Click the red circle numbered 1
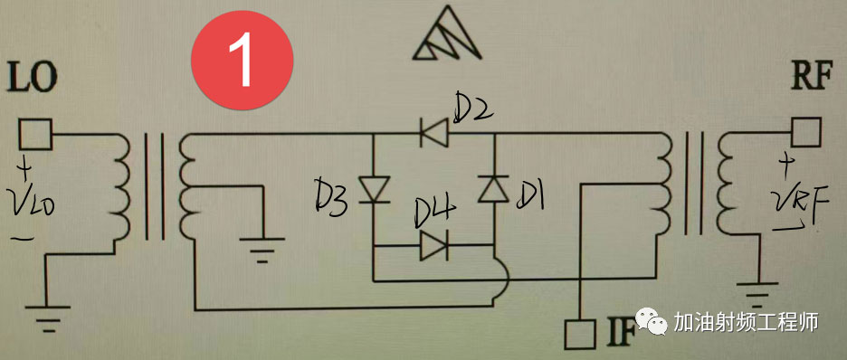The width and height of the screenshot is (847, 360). pyautogui.click(x=243, y=57)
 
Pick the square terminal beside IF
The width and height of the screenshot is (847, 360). pyautogui.click(x=576, y=334)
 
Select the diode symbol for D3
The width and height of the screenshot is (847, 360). pyautogui.click(x=373, y=189)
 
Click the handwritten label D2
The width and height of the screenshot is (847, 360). pyautogui.click(x=472, y=110)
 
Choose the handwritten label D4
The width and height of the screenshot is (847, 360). pyautogui.click(x=433, y=213)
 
